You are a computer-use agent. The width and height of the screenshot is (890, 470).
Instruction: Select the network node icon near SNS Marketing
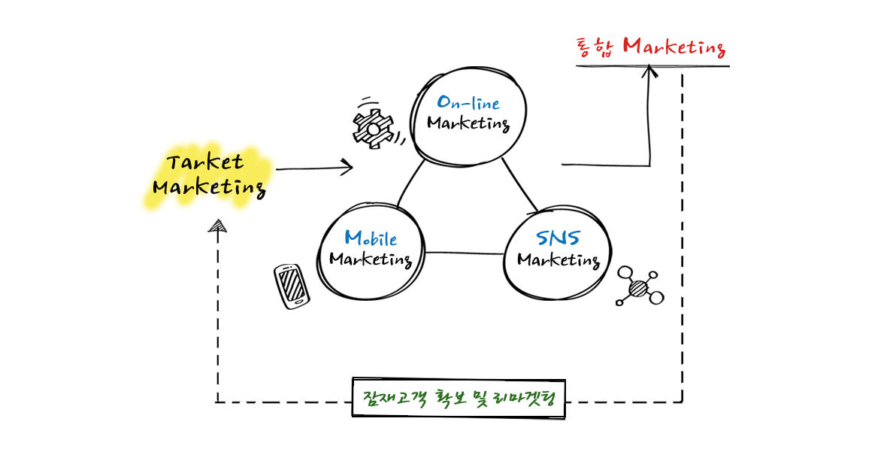[x=639, y=287]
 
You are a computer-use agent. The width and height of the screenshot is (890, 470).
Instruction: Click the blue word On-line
[x=468, y=103]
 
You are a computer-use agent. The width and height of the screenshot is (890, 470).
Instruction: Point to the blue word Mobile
[x=371, y=238]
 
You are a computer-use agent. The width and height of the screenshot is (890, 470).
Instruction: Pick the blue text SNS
[x=558, y=238]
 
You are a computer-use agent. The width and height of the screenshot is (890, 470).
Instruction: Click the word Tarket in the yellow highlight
[x=205, y=162]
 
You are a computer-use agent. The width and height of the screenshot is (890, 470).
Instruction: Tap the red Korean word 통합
[x=595, y=47]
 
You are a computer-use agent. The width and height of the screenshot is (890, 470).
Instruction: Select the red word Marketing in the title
[x=674, y=47]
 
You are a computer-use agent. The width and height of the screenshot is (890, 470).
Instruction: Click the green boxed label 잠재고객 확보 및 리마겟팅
[x=458, y=397]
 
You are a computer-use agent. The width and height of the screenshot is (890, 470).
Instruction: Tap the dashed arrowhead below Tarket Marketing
[x=218, y=226]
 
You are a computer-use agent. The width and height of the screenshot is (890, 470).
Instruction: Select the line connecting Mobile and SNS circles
[x=463, y=253]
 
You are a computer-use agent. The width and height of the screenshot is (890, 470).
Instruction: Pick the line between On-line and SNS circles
[x=519, y=185]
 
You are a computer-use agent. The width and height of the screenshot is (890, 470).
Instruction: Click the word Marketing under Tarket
[x=208, y=186]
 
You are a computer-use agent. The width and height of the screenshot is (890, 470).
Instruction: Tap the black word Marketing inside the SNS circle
[x=558, y=261]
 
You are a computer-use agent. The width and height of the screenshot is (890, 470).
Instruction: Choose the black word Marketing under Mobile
[x=371, y=260]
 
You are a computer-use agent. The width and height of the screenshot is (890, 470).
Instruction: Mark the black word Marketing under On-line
[x=468, y=123]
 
